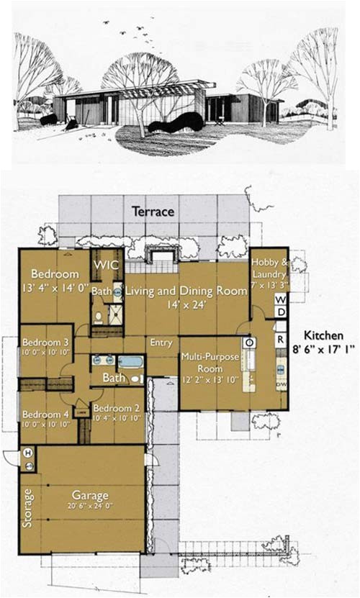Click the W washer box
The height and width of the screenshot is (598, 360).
click(280, 299)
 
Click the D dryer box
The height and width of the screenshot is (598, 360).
click(280, 312)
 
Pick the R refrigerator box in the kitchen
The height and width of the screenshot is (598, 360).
click(280, 338)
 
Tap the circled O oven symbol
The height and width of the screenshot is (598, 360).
click(248, 343)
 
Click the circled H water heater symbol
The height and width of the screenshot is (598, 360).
click(29, 453)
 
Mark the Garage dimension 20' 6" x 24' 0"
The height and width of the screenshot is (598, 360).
click(90, 507)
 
